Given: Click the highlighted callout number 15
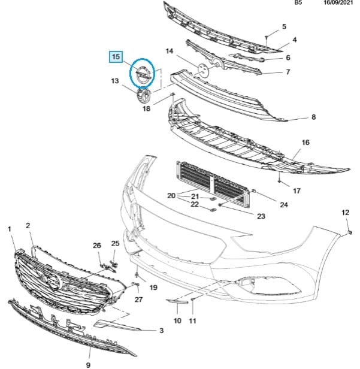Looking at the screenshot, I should [114, 58].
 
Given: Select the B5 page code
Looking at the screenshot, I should [298, 3].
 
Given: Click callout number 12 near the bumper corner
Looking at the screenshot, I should [345, 213].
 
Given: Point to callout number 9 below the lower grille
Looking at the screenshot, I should [88, 364].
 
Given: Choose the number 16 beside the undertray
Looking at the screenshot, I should [305, 143].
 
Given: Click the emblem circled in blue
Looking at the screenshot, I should [143, 74].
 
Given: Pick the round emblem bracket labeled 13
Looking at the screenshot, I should [143, 98].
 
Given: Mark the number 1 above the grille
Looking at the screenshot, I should [10, 229].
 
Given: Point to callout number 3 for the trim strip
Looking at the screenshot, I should [161, 331].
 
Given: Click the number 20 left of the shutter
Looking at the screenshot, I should [171, 196].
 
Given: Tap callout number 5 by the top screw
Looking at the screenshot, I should [285, 26].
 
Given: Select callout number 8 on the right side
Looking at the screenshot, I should [313, 117].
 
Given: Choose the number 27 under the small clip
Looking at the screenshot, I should [139, 300].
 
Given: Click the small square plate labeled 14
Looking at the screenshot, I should [202, 69].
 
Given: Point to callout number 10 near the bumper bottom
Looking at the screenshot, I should [177, 321].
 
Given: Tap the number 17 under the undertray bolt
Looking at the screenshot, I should [297, 191].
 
